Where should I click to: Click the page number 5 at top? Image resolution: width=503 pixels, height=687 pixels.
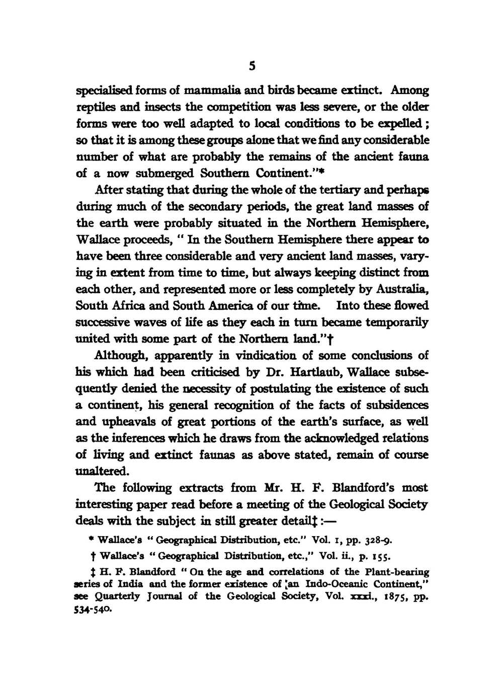point(253,66)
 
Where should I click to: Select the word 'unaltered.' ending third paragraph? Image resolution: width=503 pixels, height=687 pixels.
point(102,471)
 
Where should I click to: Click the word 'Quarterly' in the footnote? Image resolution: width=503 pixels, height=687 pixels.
point(117,596)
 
